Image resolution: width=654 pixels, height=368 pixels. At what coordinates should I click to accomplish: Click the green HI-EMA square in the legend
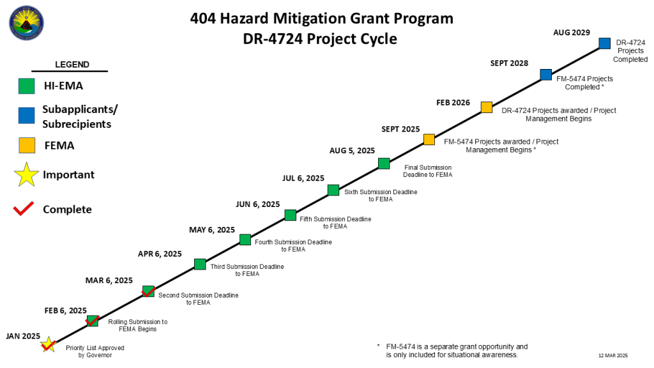coord(26,86)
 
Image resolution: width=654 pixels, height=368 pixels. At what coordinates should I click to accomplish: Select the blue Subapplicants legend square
coord(26,115)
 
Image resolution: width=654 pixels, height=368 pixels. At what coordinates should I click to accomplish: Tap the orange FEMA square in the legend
coord(26,146)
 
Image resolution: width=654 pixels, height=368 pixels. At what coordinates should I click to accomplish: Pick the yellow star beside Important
coord(26,174)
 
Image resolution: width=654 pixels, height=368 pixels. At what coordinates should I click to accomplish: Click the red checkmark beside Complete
coord(24,209)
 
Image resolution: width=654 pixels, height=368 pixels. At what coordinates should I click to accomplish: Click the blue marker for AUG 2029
coord(604,43)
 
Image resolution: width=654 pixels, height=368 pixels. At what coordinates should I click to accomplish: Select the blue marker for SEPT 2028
coord(545,75)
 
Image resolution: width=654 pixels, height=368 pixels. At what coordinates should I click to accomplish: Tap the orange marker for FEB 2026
coord(486,107)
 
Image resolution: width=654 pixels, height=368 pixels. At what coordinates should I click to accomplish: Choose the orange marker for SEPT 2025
coord(429,139)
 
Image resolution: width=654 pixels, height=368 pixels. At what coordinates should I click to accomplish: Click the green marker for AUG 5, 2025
coord(383,164)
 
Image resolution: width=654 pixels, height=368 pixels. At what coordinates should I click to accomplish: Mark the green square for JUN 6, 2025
coord(290,215)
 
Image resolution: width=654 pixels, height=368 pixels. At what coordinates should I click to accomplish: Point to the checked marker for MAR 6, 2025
coord(148,291)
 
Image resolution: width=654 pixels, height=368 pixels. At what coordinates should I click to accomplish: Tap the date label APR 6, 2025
coord(160,254)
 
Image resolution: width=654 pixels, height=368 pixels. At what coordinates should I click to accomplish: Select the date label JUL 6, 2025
coord(303,178)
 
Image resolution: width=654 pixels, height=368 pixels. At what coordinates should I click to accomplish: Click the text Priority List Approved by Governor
coord(95,351)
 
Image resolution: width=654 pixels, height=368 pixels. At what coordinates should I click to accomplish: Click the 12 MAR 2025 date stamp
coord(613,355)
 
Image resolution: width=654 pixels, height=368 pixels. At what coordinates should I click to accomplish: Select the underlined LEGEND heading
coord(72,65)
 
